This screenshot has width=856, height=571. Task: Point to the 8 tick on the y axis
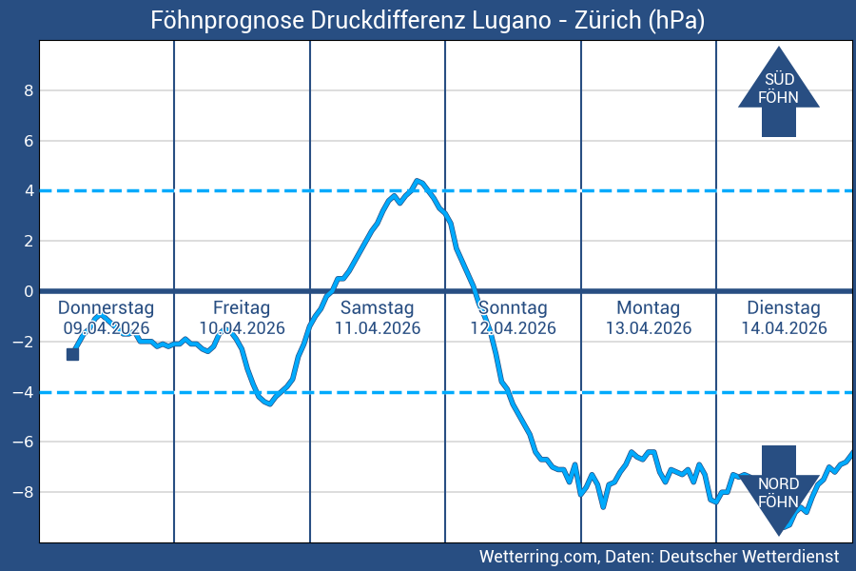(29, 90)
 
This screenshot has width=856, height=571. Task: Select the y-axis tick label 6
(29, 141)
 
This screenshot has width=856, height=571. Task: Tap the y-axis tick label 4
(29, 190)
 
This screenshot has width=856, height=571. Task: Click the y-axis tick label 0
(29, 291)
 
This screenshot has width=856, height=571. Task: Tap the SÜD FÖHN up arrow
(778, 90)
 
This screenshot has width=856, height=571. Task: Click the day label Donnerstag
(106, 308)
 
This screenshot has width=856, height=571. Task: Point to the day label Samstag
(377, 308)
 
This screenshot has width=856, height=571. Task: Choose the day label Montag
(648, 308)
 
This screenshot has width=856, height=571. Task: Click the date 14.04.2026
(784, 328)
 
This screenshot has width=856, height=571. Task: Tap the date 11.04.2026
(377, 328)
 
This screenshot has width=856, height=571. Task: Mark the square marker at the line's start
(72, 354)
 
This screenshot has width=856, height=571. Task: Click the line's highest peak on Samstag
(417, 180)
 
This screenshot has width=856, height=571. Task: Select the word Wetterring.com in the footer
(538, 556)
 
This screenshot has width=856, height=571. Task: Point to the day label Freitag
(242, 308)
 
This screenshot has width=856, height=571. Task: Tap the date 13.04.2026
(648, 328)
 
